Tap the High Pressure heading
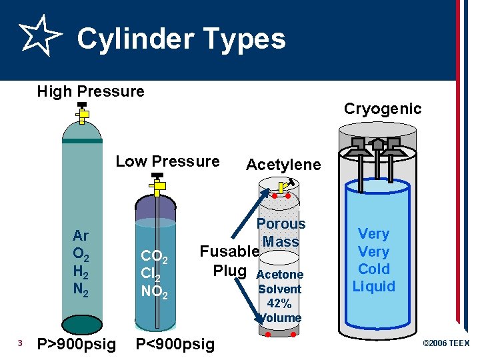point(91,91)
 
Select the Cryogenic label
point(383,109)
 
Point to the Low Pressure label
point(167,161)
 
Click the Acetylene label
point(283,165)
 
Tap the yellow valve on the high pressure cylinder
point(82,115)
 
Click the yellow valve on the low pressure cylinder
point(158,187)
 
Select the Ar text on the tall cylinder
point(81,235)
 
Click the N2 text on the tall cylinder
point(81,289)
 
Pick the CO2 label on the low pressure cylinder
point(158,257)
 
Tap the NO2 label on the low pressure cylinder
point(158,291)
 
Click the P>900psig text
point(77,344)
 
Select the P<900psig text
point(175,344)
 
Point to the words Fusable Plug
point(229,261)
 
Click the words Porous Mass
point(281,233)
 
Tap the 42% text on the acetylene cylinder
point(280,303)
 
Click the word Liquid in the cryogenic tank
point(374,287)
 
